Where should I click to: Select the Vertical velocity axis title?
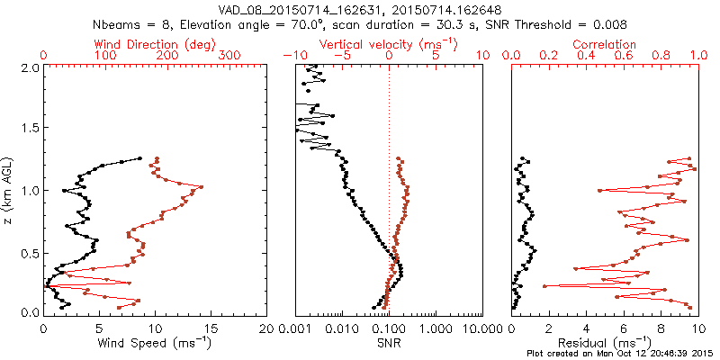(388, 44)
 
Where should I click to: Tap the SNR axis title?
(389, 343)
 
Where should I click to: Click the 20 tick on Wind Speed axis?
(267, 328)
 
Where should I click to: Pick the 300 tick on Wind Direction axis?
(229, 56)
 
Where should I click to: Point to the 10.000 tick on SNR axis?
(482, 328)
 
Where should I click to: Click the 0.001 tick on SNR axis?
(295, 328)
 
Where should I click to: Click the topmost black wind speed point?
(139, 158)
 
